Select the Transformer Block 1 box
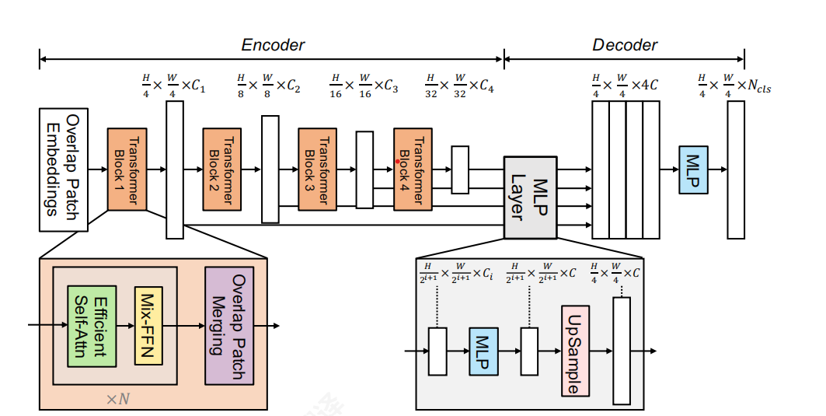[x=127, y=170]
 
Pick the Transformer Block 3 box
[x=317, y=170]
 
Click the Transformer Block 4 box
[x=413, y=170]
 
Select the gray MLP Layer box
[x=531, y=197]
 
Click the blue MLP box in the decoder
[x=693, y=170]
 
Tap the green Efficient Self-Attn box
[x=91, y=325]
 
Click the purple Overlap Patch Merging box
[x=229, y=325]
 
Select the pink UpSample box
[x=575, y=351]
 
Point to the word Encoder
[x=273, y=45]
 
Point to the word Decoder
[x=625, y=45]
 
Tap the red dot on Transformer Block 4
[x=397, y=162]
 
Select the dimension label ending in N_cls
[x=734, y=86]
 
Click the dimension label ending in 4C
[x=624, y=85]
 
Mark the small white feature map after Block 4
[x=460, y=170]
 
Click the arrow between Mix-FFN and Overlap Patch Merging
[x=182, y=325]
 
